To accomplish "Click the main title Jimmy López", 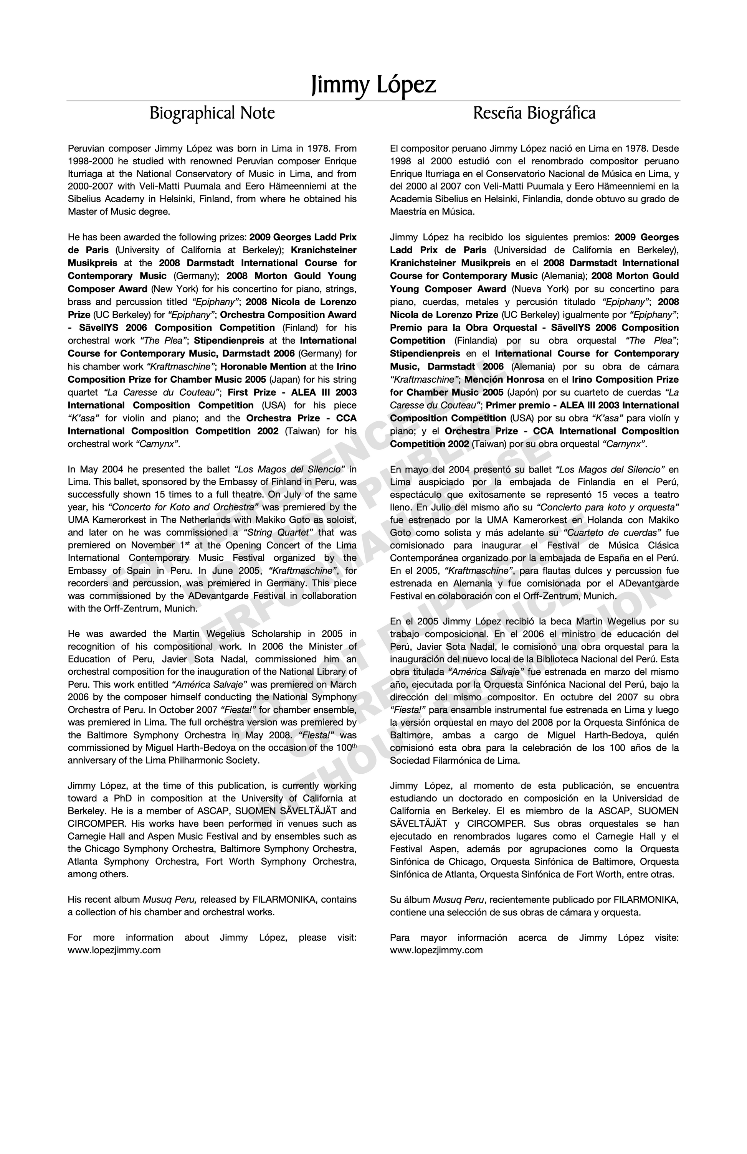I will [373, 84].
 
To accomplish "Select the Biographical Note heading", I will [212, 113].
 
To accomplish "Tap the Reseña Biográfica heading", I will [534, 113].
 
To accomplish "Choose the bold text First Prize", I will [250, 392].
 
